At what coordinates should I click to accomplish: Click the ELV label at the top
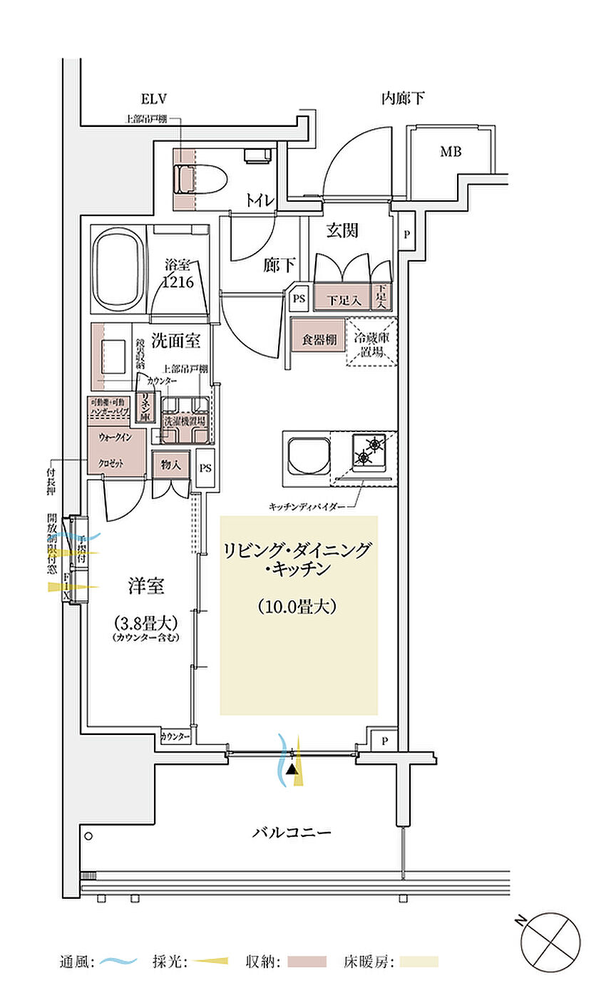pos(153,98)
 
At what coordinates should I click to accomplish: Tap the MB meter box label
pos(450,151)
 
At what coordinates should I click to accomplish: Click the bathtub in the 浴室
pos(118,270)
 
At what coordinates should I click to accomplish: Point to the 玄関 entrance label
pos(342,230)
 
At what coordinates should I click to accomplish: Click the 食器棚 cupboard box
pos(319,339)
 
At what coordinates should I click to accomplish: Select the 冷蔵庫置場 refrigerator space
pos(371,341)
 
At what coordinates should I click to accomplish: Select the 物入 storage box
pos(170,465)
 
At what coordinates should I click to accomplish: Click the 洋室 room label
pos(146,587)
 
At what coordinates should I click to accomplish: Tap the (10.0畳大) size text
pos(297,607)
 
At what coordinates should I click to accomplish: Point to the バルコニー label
pos(292,832)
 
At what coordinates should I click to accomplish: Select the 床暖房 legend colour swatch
pos(419,962)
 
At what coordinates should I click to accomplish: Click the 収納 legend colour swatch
pos(307,962)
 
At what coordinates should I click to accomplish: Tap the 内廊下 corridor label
pos(403,98)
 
